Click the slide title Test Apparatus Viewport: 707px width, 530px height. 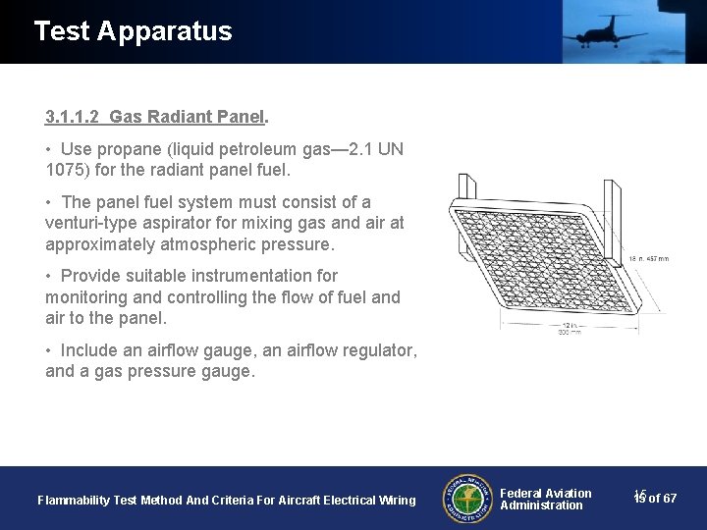[x=133, y=31]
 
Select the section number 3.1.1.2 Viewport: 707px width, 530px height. [x=73, y=117]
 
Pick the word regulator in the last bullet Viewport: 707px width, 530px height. [x=377, y=350]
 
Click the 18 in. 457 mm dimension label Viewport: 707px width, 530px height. [x=649, y=259]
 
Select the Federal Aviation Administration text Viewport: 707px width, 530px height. [x=545, y=499]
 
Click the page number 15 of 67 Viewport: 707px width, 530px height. [x=655, y=499]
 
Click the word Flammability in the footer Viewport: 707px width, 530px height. [x=74, y=501]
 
